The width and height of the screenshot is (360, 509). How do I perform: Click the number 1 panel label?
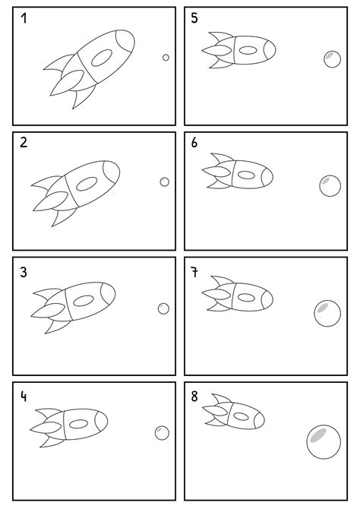[25, 19]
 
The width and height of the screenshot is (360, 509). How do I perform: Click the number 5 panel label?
[195, 18]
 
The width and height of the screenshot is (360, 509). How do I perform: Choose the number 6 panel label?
[195, 143]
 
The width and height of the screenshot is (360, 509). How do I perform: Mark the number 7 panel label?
[195, 272]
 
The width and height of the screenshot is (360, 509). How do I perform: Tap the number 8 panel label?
[195, 397]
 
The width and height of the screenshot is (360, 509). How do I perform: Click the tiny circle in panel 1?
[166, 57]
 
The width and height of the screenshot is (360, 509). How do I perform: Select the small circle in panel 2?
[165, 182]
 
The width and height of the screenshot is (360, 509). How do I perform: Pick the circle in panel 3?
[163, 308]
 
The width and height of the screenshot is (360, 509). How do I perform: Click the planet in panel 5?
[331, 58]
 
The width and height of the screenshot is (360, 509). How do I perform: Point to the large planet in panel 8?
[324, 441]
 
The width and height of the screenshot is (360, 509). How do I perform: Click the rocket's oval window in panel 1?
[102, 56]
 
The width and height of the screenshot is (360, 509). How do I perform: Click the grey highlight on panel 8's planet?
[318, 435]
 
